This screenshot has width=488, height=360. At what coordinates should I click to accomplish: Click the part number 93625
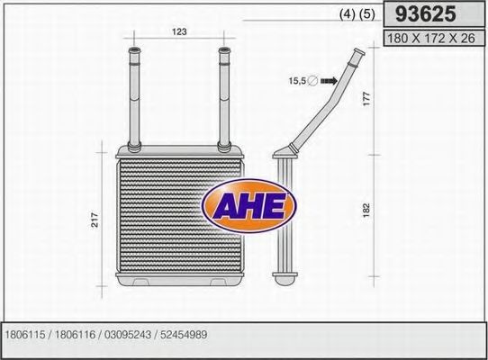(x=426, y=14)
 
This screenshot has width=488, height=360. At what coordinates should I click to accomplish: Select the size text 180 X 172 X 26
(x=431, y=39)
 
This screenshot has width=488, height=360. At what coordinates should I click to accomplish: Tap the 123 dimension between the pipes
(x=179, y=31)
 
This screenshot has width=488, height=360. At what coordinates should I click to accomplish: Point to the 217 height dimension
(x=95, y=219)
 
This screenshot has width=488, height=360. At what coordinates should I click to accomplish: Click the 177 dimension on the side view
(x=367, y=98)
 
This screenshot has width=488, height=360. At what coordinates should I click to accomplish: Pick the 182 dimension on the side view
(x=366, y=211)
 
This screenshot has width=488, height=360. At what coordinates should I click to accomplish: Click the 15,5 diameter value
(x=297, y=81)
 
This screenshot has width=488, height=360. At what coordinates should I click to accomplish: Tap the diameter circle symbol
(x=312, y=81)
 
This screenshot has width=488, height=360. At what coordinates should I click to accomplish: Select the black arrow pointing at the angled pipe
(x=329, y=81)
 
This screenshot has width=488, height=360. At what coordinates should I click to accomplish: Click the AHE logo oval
(x=249, y=206)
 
